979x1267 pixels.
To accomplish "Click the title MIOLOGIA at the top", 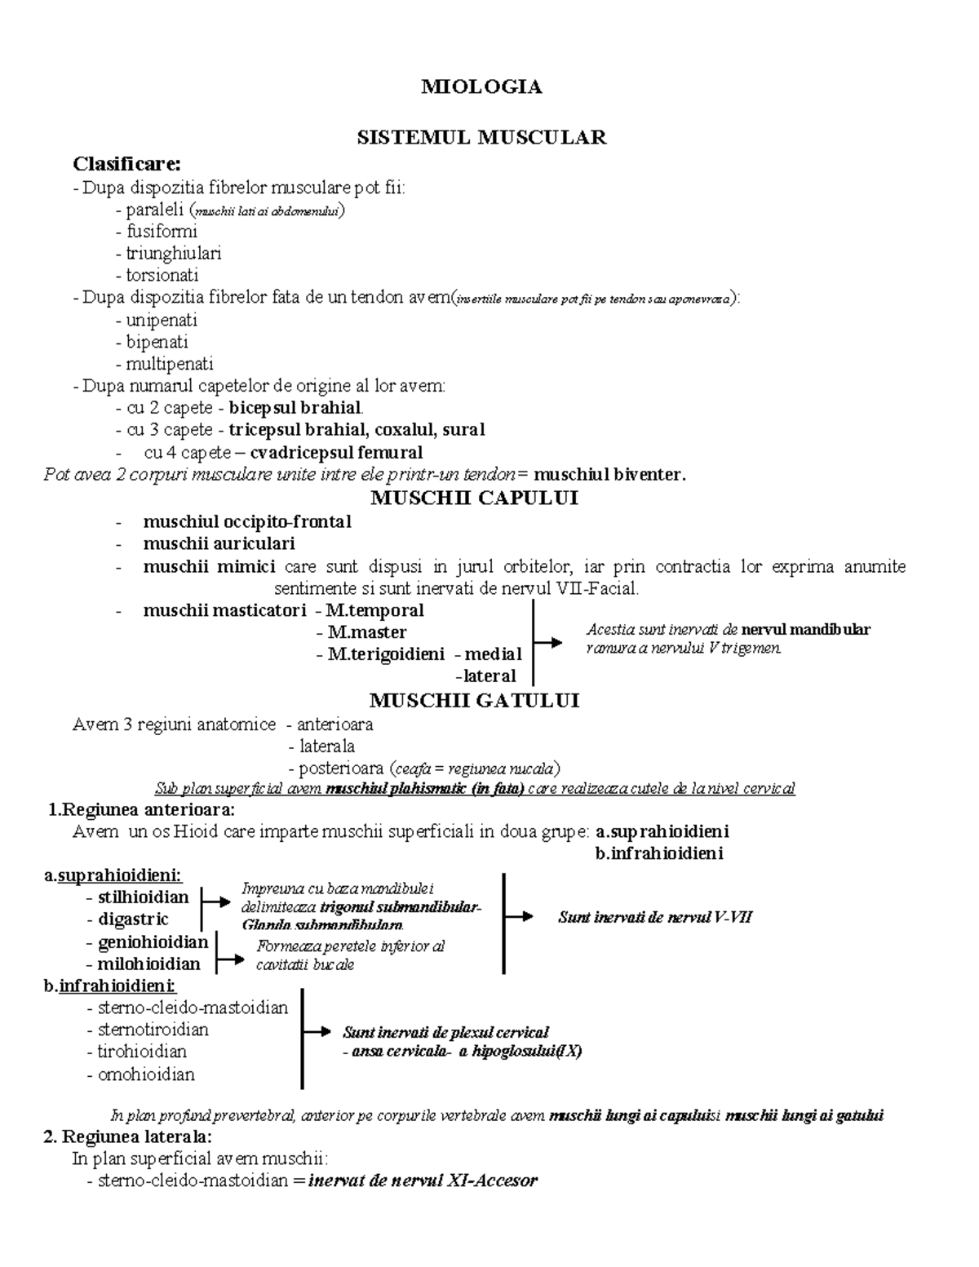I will tap(481, 87).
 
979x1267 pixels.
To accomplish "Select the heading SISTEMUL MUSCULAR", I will tap(481, 137).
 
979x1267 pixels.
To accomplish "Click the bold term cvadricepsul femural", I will tap(336, 452).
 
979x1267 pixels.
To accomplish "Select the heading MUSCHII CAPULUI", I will tap(474, 498).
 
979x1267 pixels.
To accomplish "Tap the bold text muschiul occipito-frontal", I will tap(246, 521).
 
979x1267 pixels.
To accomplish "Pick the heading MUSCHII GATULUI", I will tap(474, 701).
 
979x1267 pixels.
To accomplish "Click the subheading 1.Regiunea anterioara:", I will tap(141, 810).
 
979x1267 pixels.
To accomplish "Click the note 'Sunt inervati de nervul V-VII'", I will tap(654, 917).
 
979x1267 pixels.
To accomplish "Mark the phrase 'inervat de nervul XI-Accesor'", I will tap(422, 1181).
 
